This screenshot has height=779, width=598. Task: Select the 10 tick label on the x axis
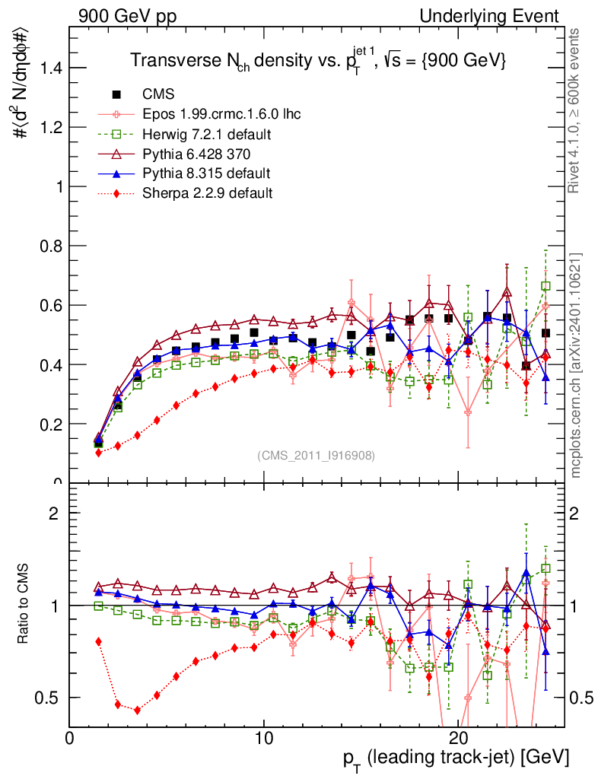tap(263, 739)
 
